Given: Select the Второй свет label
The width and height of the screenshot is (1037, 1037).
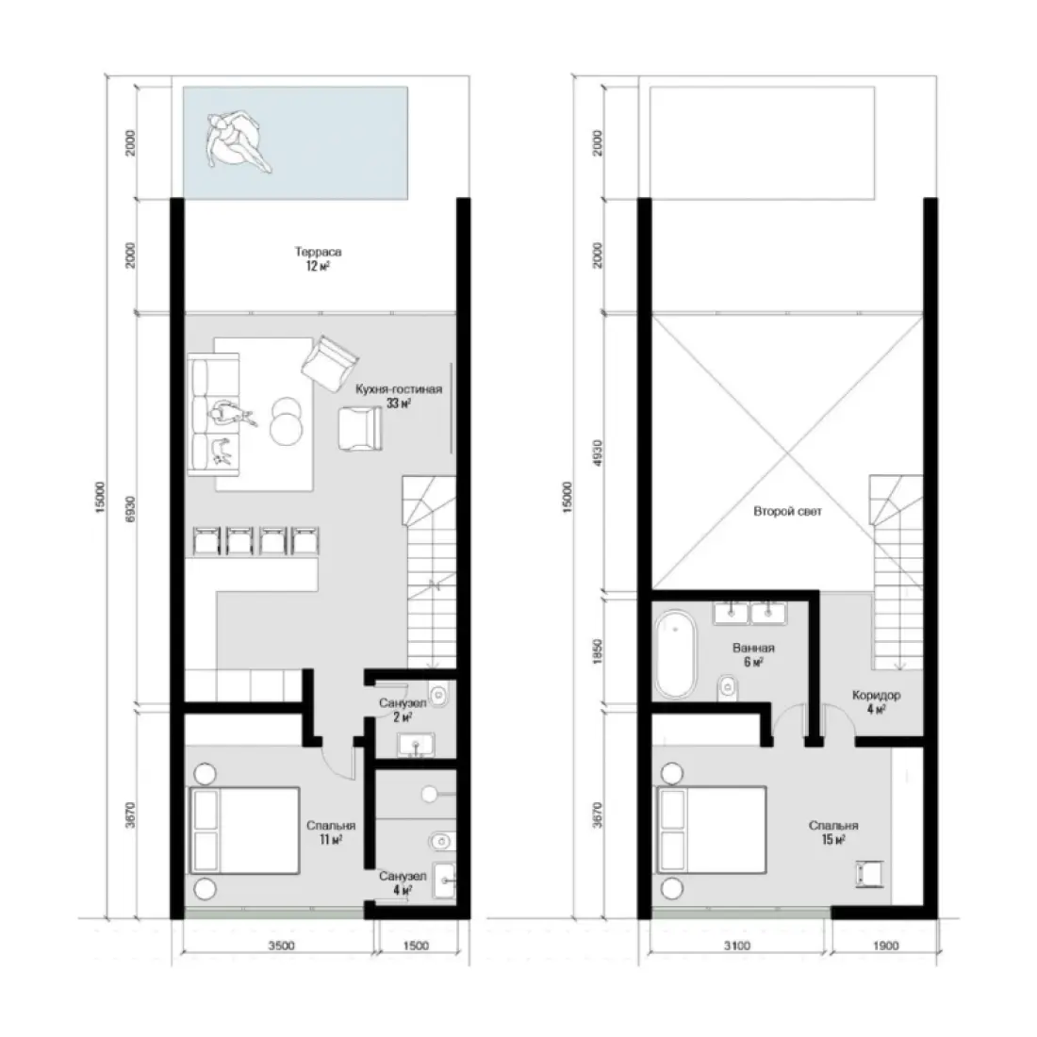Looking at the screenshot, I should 788,513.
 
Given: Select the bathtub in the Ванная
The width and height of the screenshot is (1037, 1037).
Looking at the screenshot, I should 676,653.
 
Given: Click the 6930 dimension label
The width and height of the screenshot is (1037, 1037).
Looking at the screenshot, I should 131,509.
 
